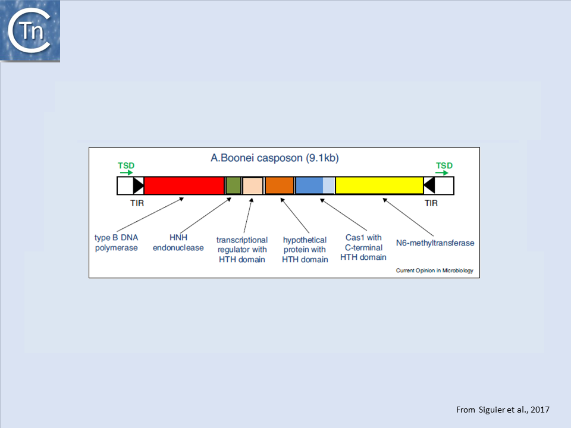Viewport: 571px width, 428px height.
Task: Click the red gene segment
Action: pos(184,185)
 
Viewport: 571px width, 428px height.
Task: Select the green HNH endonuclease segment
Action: pos(233,185)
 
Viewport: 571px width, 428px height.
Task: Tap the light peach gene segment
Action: pos(253,185)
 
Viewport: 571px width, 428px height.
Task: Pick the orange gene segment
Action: pos(280,185)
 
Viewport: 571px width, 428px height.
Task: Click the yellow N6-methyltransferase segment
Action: pos(379,185)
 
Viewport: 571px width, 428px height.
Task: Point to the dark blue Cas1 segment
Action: pos(309,185)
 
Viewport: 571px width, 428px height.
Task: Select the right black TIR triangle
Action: pos(429,185)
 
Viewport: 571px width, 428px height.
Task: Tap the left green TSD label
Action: pos(126,165)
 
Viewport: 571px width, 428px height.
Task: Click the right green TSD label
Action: pos(444,165)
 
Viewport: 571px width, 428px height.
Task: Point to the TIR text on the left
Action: pos(137,203)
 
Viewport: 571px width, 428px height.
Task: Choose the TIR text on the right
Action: pos(431,203)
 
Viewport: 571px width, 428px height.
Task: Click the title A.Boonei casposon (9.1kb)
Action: pos(275,158)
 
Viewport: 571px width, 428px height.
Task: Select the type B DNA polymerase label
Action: pos(117,243)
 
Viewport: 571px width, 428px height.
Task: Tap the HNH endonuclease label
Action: pos(178,243)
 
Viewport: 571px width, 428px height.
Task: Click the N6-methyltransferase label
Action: pos(435,243)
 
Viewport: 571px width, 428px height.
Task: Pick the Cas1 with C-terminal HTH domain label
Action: pos(363,248)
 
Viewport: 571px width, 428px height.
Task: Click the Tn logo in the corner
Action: pos(30,31)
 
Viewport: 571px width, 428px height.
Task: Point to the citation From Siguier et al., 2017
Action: pos(503,410)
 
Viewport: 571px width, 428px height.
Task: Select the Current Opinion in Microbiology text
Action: pos(434,271)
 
